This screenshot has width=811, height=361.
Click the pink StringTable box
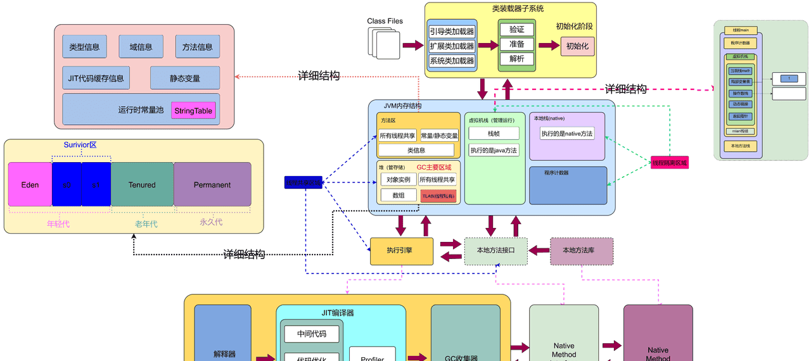pyautogui.click(x=193, y=111)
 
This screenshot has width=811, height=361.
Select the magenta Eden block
pyautogui.click(x=30, y=184)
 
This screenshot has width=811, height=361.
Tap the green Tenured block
pyautogui.click(x=142, y=184)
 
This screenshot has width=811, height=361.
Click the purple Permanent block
pyautogui.click(x=212, y=184)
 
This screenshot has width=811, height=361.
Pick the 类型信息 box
pyautogui.click(x=84, y=47)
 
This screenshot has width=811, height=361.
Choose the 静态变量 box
pyautogui.click(x=184, y=79)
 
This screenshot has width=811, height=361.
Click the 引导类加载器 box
pyautogui.click(x=452, y=31)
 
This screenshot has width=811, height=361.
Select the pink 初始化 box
pyautogui.click(x=577, y=46)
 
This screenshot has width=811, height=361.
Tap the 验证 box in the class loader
pyautogui.click(x=516, y=30)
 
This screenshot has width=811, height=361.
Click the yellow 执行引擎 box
pyautogui.click(x=401, y=251)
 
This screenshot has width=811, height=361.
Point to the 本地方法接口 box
pyautogui.click(x=495, y=251)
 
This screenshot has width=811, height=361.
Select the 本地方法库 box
pyautogui.click(x=581, y=251)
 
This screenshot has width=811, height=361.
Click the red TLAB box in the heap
pyautogui.click(x=438, y=196)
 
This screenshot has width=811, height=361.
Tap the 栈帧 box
pyautogui.click(x=494, y=134)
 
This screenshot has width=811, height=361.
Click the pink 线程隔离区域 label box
pyautogui.click(x=670, y=163)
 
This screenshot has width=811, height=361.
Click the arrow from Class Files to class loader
pyautogui.click(x=412, y=46)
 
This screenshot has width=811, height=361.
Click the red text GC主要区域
pyautogui.click(x=434, y=167)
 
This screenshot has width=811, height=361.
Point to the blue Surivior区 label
pyautogui.click(x=80, y=145)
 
